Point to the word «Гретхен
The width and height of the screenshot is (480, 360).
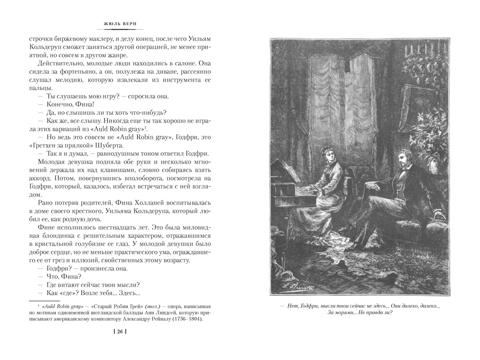pos(42,145)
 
